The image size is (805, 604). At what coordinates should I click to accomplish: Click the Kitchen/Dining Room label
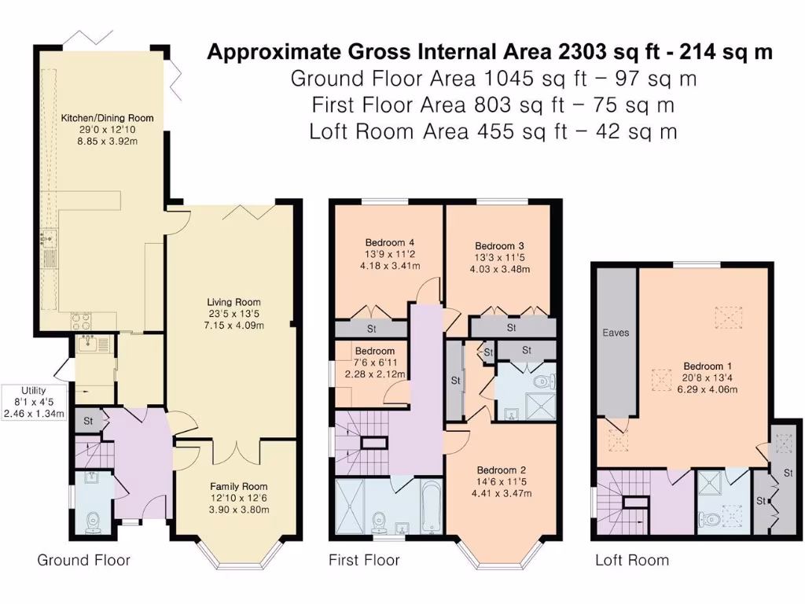107,118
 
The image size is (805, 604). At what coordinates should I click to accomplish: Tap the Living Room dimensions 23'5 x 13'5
233,314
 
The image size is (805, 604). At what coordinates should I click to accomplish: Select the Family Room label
239,486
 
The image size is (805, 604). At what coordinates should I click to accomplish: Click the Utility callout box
34,402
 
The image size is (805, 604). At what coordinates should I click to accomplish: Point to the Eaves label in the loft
616,333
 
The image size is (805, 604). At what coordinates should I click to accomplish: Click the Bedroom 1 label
708,366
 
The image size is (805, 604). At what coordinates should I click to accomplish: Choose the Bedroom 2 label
502,470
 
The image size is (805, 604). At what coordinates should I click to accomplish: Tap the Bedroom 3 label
499,246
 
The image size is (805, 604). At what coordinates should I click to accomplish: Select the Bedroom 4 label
390,242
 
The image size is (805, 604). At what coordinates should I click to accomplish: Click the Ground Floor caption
83,560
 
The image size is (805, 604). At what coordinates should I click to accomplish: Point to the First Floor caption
364,560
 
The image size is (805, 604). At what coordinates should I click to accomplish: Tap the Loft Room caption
632,560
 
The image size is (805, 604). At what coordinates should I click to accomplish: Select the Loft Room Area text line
493,131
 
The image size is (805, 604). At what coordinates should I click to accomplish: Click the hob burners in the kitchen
81,322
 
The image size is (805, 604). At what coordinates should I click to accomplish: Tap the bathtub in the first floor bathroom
432,506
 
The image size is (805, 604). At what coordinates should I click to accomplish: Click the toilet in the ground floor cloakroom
93,523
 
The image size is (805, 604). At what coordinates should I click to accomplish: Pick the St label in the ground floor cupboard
88,421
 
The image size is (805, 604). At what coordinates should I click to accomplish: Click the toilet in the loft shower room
709,520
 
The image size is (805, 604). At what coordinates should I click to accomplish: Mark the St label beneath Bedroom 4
371,329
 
